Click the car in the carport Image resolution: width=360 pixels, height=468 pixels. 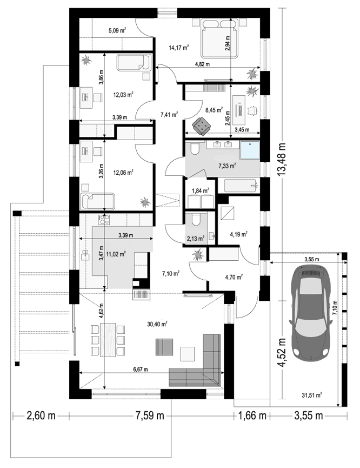pyautogui.click(x=310, y=311)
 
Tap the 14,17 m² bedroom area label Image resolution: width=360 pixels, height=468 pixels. pyautogui.click(x=179, y=48)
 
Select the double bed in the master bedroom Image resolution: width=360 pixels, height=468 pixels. pyautogui.click(x=220, y=38)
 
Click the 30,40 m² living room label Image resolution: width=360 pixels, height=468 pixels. pyautogui.click(x=157, y=324)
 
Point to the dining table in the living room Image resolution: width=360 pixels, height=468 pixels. pyautogui.click(x=108, y=340)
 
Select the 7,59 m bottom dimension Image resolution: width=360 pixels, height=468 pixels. pyautogui.click(x=150, y=415)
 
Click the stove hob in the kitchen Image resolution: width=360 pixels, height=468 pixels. pyautogui.click(x=104, y=220)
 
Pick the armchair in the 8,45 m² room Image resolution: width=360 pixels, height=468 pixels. pyautogui.click(x=202, y=126)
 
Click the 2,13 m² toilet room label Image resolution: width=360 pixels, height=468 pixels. pyautogui.click(x=195, y=239)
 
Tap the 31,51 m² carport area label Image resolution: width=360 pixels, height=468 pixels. pyautogui.click(x=312, y=396)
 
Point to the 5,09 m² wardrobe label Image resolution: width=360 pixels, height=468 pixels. pyautogui.click(x=117, y=30)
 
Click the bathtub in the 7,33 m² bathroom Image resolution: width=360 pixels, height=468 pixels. pyautogui.click(x=240, y=186)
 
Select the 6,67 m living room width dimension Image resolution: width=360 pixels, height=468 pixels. pyautogui.click(x=141, y=370)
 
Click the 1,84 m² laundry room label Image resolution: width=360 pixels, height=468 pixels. pyautogui.click(x=200, y=190)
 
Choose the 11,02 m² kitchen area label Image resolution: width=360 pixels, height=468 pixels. pyautogui.click(x=116, y=254)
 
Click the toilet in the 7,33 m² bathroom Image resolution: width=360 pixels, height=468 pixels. pyautogui.click(x=195, y=148)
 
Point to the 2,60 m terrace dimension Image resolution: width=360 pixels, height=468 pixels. pyautogui.click(x=41, y=415)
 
